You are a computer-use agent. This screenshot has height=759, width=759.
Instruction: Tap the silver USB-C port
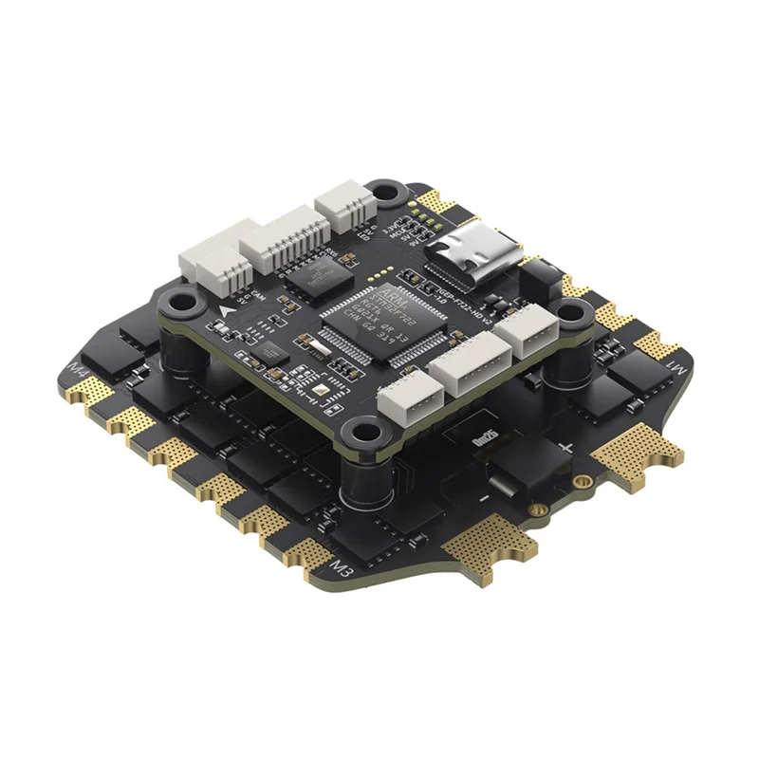pyautogui.click(x=472, y=252)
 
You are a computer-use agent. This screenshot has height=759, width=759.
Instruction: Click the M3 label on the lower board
pyautogui.click(x=341, y=568)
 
